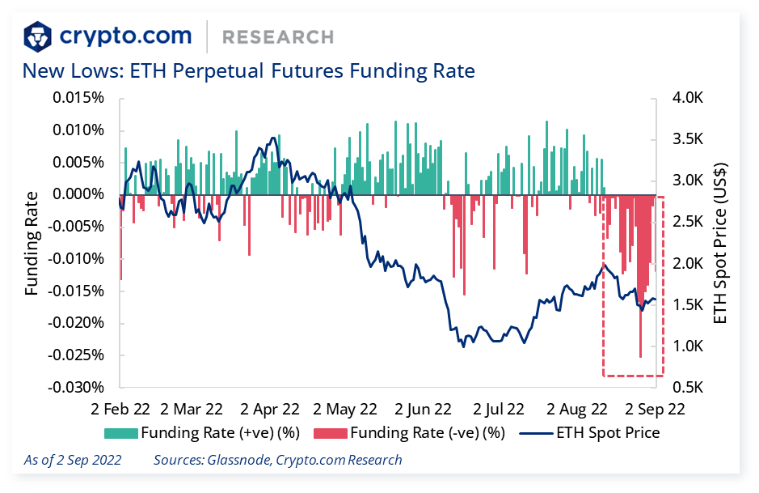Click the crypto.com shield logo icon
[x=39, y=36]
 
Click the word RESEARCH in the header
[x=277, y=37]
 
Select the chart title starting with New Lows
[x=248, y=71]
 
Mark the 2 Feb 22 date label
[x=120, y=409]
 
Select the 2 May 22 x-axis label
[x=344, y=409]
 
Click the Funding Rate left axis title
[x=32, y=243]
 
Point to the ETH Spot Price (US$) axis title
[x=722, y=243]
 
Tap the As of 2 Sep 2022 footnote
[x=73, y=460]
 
